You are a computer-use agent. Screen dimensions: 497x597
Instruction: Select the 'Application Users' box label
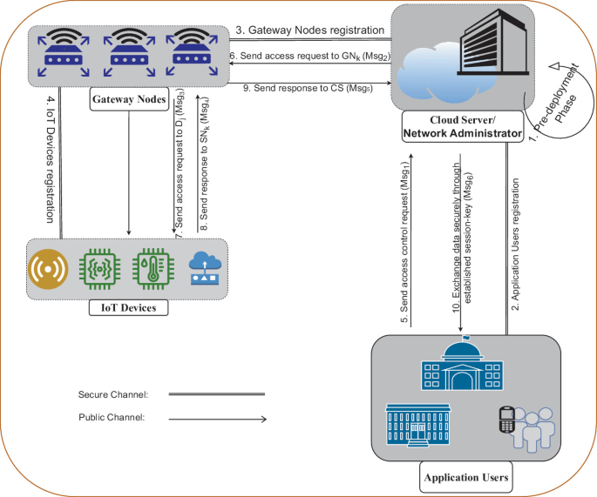(465, 477)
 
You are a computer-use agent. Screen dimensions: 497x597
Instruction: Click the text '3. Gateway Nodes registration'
(309, 30)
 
